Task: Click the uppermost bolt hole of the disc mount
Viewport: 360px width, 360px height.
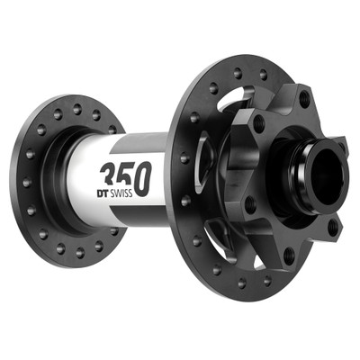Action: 303,98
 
